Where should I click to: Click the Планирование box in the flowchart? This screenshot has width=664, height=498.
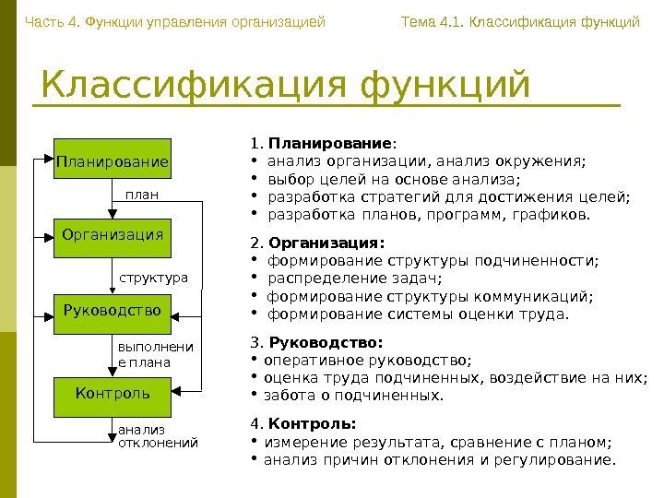point(113,162)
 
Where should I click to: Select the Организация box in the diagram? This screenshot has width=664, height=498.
point(113,235)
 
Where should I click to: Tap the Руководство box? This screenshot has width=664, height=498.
point(113,310)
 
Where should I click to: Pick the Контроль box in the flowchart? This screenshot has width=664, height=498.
point(113,392)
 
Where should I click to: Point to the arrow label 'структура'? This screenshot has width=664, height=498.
point(153,277)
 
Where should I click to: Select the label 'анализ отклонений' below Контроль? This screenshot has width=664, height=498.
point(158,436)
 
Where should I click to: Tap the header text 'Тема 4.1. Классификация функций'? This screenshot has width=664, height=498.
point(520,20)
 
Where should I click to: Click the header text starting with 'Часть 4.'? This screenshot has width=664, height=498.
point(175,20)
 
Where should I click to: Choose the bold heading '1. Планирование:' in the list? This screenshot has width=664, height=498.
point(324,144)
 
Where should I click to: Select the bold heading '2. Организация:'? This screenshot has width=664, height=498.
point(317,243)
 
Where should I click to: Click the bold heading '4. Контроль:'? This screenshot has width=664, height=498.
point(303,424)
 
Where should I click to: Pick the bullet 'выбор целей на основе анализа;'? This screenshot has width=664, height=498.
point(393,180)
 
